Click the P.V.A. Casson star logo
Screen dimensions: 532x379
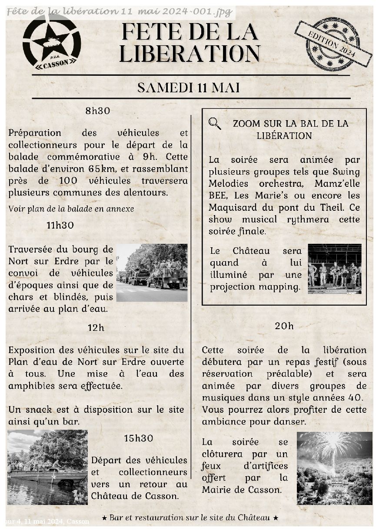pyautogui.click(x=52, y=42)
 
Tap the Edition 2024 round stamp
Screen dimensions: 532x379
pyautogui.click(x=333, y=44)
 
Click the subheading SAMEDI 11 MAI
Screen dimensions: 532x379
pyautogui.click(x=189, y=88)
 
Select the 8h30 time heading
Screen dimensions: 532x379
pyautogui.click(x=98, y=111)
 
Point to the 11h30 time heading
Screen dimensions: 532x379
pyautogui.click(x=60, y=226)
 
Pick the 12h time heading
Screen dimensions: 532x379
pyautogui.click(x=96, y=328)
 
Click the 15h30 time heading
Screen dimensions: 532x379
pyautogui.click(x=139, y=438)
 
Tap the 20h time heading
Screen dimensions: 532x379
pyautogui.click(x=284, y=326)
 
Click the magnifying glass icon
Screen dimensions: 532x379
pyautogui.click(x=215, y=124)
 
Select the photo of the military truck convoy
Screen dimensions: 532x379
pyautogui.click(x=152, y=273)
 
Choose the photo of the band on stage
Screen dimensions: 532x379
pyautogui.click(x=335, y=269)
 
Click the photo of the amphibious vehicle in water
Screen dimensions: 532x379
pyautogui.click(x=47, y=467)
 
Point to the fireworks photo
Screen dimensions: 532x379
pyautogui.click(x=334, y=468)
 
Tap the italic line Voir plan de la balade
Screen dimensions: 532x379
pyautogui.click(x=71, y=209)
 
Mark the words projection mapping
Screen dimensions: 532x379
pyautogui.click(x=255, y=287)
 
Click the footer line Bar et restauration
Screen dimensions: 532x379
pyautogui.click(x=189, y=518)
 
